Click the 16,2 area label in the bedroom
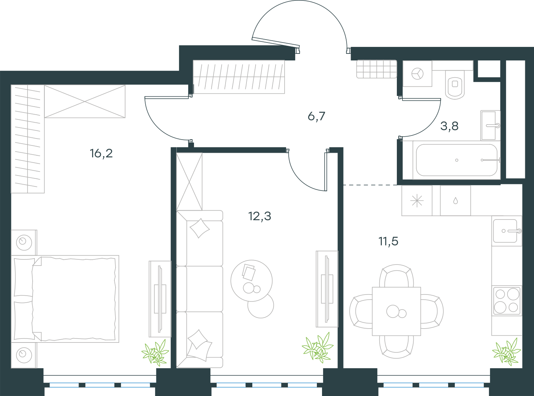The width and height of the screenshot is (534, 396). (101, 153)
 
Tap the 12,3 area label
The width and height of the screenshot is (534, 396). (260, 216)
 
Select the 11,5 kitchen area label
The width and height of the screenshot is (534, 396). (388, 241)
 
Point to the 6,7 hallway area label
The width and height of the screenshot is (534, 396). (317, 116)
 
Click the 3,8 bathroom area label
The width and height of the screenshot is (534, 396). (449, 126)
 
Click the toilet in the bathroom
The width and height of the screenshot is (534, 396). (455, 85)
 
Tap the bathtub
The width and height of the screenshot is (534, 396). (457, 160)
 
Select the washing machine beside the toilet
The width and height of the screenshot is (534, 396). (417, 73)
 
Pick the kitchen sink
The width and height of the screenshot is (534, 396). (507, 231)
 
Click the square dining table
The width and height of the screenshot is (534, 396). (396, 311)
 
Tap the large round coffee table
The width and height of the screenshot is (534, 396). (251, 281)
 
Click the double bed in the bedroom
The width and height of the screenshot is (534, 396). (65, 299)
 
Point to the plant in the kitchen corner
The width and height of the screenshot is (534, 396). (506, 352)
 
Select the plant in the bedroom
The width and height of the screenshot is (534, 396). (155, 353)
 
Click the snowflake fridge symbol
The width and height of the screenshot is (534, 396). (417, 201)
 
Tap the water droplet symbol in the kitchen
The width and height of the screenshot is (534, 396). (455, 201)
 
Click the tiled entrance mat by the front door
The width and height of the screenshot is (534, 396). (377, 69)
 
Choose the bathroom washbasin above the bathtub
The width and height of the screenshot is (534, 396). (490, 125)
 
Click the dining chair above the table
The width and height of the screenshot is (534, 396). (396, 276)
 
